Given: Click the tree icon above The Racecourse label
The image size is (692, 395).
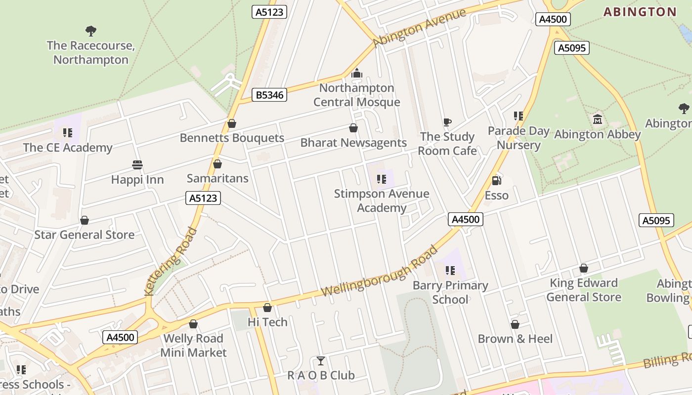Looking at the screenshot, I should click(x=91, y=31).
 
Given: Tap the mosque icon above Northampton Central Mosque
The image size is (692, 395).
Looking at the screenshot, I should click(x=356, y=74).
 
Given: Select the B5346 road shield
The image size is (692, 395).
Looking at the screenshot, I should click(x=270, y=95).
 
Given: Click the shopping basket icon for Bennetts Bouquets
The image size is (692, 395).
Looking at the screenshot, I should click(x=231, y=123).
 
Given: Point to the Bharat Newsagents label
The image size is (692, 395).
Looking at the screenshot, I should click(x=353, y=143).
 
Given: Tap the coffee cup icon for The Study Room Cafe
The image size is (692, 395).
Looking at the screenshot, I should click(x=447, y=122).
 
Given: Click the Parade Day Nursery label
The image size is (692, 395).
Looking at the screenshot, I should click(x=519, y=138).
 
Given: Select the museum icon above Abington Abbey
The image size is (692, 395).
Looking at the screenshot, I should click(x=598, y=119).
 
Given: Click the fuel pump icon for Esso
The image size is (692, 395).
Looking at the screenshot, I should click(x=496, y=181).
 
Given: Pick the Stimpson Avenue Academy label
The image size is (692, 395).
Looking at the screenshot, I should click(x=382, y=200).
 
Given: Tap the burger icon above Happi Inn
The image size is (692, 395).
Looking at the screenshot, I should click(x=137, y=164).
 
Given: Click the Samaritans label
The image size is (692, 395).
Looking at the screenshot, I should click(x=217, y=178).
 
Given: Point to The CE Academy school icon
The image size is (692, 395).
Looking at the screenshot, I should click(x=68, y=132).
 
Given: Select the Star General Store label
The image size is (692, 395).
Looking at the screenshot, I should click(x=84, y=235).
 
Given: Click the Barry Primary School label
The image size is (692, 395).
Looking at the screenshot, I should click(x=450, y=292).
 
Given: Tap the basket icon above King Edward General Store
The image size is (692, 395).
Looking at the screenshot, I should click(x=584, y=268).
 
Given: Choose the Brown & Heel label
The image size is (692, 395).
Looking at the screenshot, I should click(x=515, y=339).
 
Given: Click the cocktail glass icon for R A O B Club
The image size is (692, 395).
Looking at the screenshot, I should click(x=321, y=361).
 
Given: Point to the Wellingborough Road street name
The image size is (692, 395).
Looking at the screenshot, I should click(x=380, y=271).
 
